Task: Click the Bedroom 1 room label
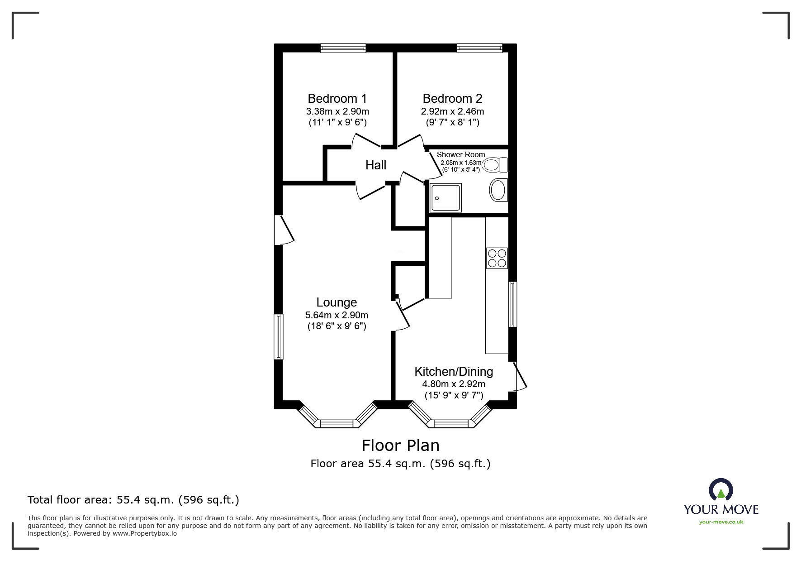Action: [337, 98]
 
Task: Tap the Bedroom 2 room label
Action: [452, 98]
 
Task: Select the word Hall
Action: [376, 165]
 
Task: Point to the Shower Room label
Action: [461, 154]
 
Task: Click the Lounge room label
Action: [337, 302]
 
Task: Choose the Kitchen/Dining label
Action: [454, 371]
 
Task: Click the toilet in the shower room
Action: [495, 165]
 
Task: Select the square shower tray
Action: [446, 198]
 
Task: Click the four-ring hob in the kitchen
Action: [497, 258]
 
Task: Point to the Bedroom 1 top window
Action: [343, 48]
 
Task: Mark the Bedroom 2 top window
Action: [479, 48]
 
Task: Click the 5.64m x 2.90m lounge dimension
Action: [337, 315]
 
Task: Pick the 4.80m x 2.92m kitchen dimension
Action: [454, 384]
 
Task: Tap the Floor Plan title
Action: [401, 446]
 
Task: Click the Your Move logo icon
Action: [721, 491]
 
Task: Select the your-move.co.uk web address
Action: [721, 522]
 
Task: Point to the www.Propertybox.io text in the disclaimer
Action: [145, 533]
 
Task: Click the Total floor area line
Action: [133, 500]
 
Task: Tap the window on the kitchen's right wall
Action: [512, 304]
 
